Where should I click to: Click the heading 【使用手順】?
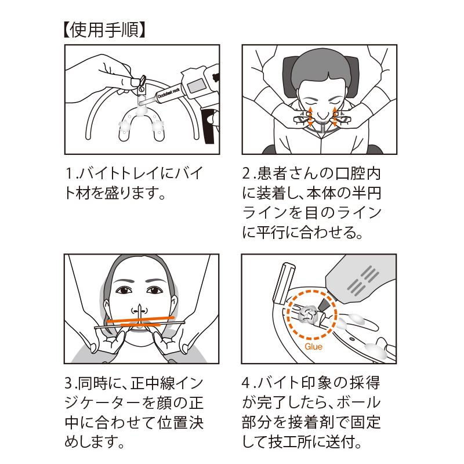pyautogui.click(x=104, y=30)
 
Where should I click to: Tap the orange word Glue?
pyautogui.click(x=313, y=346)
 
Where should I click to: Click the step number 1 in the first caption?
pyautogui.click(x=68, y=173)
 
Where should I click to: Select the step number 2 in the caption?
pyautogui.click(x=246, y=173)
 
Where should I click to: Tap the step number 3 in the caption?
pyautogui.click(x=68, y=383)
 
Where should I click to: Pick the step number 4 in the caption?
pyautogui.click(x=246, y=383)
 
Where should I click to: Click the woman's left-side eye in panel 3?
pyautogui.click(x=124, y=290)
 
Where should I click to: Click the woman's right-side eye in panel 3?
pyautogui.click(x=154, y=291)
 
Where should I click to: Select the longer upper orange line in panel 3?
pyautogui.click(x=140, y=320)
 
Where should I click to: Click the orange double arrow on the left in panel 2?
pyautogui.click(x=310, y=117)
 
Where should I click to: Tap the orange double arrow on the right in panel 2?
pyautogui.click(x=335, y=117)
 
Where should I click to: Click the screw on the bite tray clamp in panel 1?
pyautogui.click(x=142, y=88)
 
